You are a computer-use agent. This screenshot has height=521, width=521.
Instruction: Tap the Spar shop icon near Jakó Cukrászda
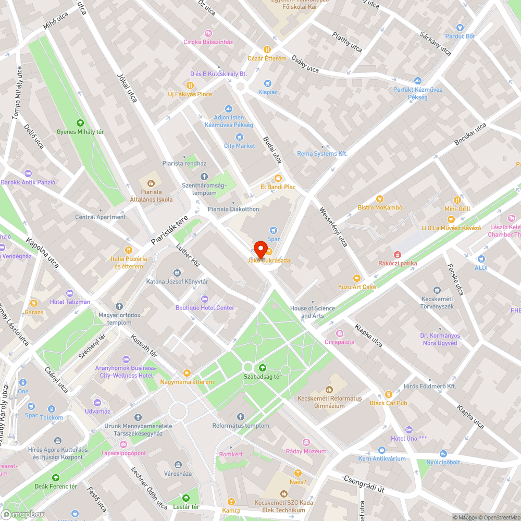273,230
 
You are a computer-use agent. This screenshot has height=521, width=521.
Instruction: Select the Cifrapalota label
340,342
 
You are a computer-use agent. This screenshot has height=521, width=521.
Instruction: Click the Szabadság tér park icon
262,367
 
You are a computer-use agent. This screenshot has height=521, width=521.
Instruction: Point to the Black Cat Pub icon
388,394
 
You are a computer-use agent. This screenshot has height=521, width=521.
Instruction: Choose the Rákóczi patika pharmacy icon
398,254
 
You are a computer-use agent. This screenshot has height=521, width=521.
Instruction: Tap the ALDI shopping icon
481,258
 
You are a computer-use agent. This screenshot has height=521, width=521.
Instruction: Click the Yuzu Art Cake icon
356,278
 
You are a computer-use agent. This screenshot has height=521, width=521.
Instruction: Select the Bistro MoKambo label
380,207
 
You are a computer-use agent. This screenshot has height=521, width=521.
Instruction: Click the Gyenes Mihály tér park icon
80,123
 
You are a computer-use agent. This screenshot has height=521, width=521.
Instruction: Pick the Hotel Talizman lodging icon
70,293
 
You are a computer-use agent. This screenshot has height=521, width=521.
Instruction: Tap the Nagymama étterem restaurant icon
187,373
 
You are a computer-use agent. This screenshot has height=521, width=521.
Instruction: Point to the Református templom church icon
240,417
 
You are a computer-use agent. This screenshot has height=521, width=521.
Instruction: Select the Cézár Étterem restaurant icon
267,49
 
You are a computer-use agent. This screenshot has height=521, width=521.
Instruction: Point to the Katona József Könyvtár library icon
177,272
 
